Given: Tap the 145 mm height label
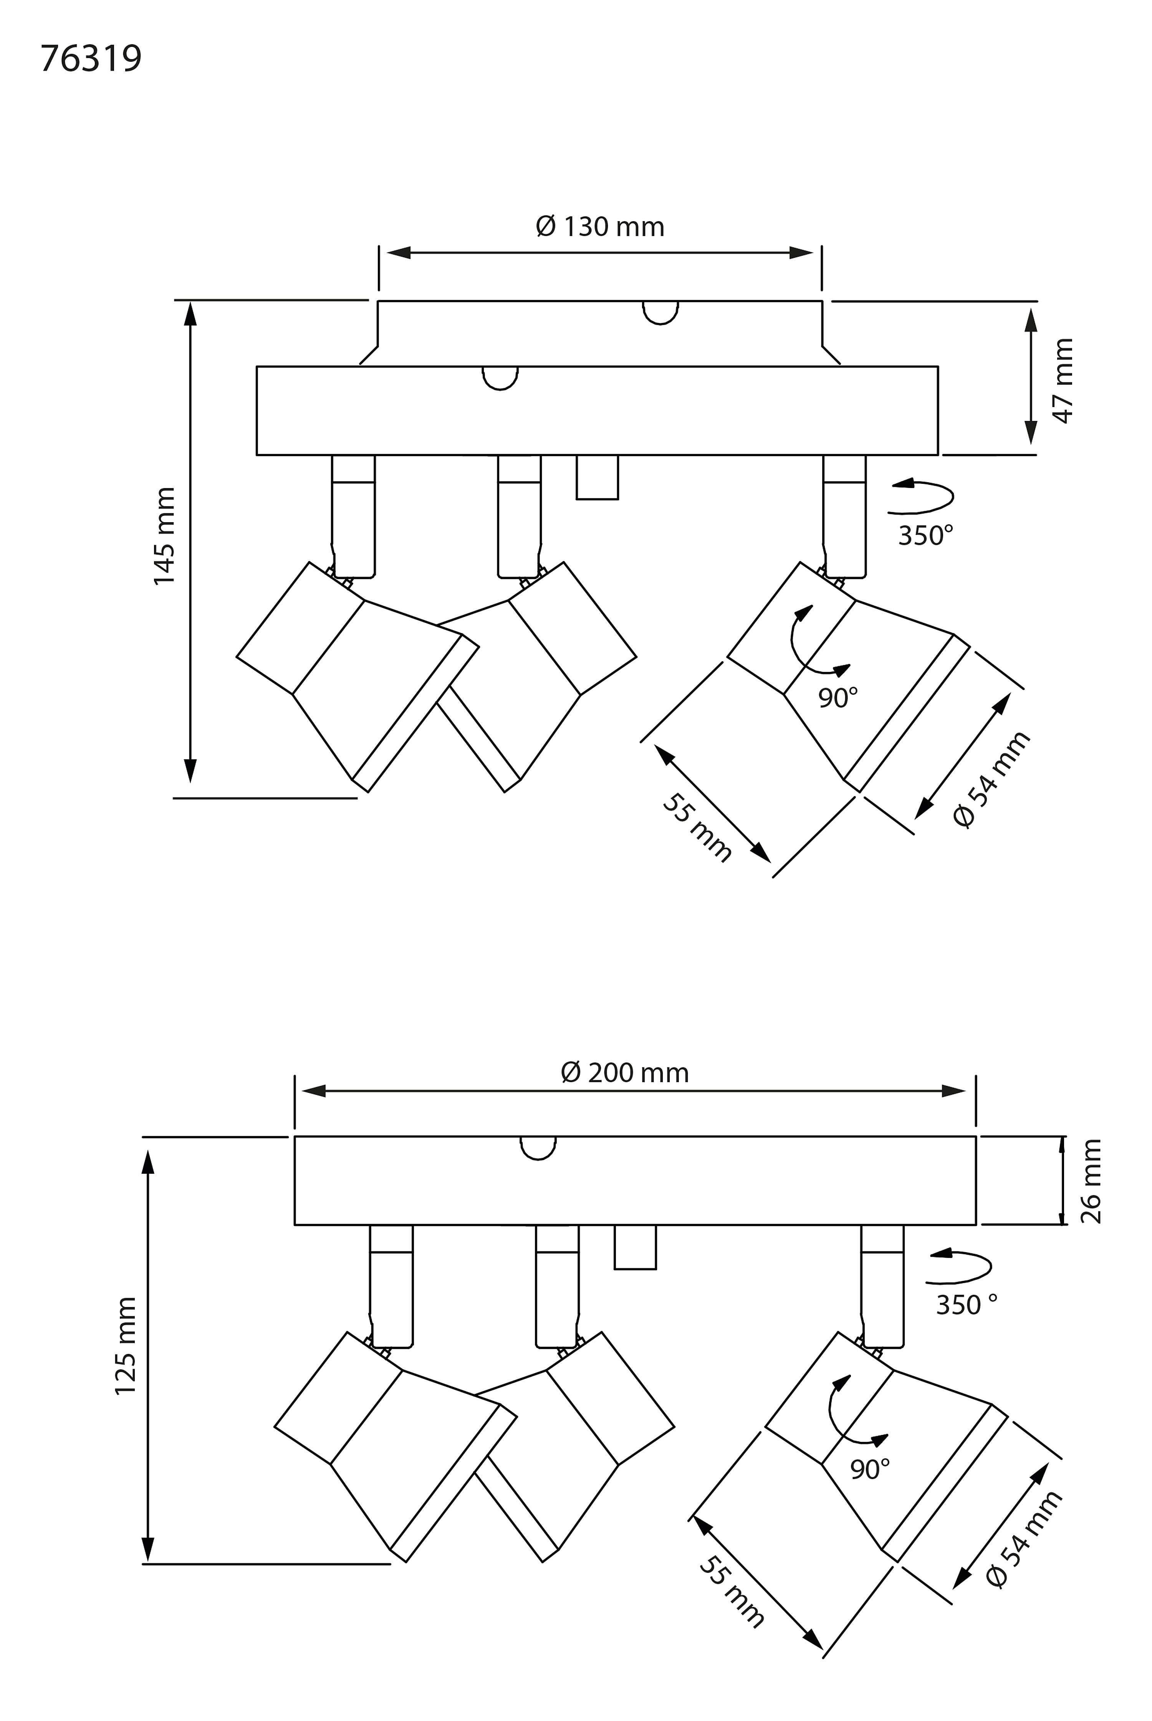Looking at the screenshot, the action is [165, 536].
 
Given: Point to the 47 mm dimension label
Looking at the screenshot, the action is [1063, 381].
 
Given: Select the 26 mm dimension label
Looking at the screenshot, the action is [1090, 1181].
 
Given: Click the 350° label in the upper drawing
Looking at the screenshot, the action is [926, 536].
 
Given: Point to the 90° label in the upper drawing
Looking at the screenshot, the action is [838, 698].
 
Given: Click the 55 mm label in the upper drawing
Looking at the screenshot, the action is [697, 828].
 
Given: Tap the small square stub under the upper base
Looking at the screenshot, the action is [597, 477].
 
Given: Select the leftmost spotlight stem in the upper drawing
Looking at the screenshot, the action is [353, 516].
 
